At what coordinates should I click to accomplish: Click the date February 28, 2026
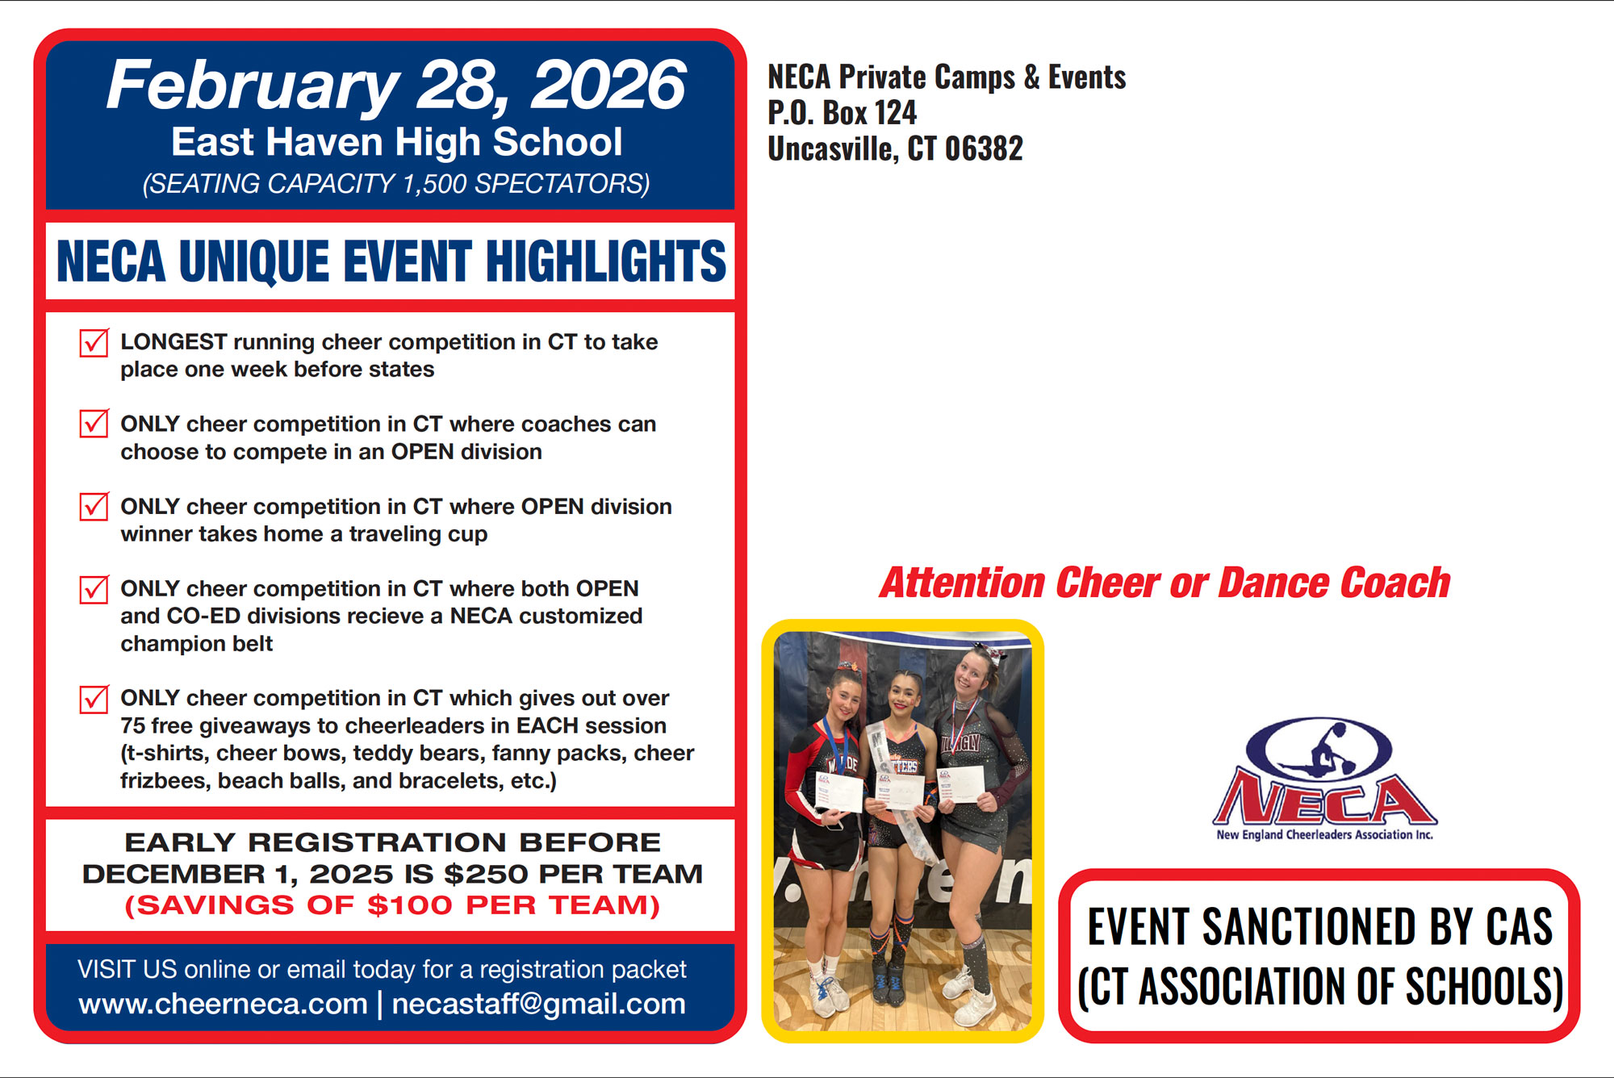pos(396,86)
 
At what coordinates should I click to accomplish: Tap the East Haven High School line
pos(397,142)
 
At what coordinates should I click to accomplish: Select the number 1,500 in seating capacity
pos(434,185)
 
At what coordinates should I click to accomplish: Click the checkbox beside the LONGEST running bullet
pos(94,342)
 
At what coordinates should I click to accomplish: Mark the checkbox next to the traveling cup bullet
pos(94,506)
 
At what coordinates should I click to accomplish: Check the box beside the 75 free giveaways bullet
pos(94,698)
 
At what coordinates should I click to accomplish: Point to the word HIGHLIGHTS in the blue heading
pos(605,261)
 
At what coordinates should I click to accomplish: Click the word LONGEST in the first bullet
pos(174,342)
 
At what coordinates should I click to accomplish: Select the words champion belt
pos(197,644)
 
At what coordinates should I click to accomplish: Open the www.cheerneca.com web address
pos(223,1005)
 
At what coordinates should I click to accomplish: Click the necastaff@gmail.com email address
pos(538,1005)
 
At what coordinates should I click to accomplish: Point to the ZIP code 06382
pos(984,148)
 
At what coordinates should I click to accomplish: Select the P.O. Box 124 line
pos(842,113)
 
